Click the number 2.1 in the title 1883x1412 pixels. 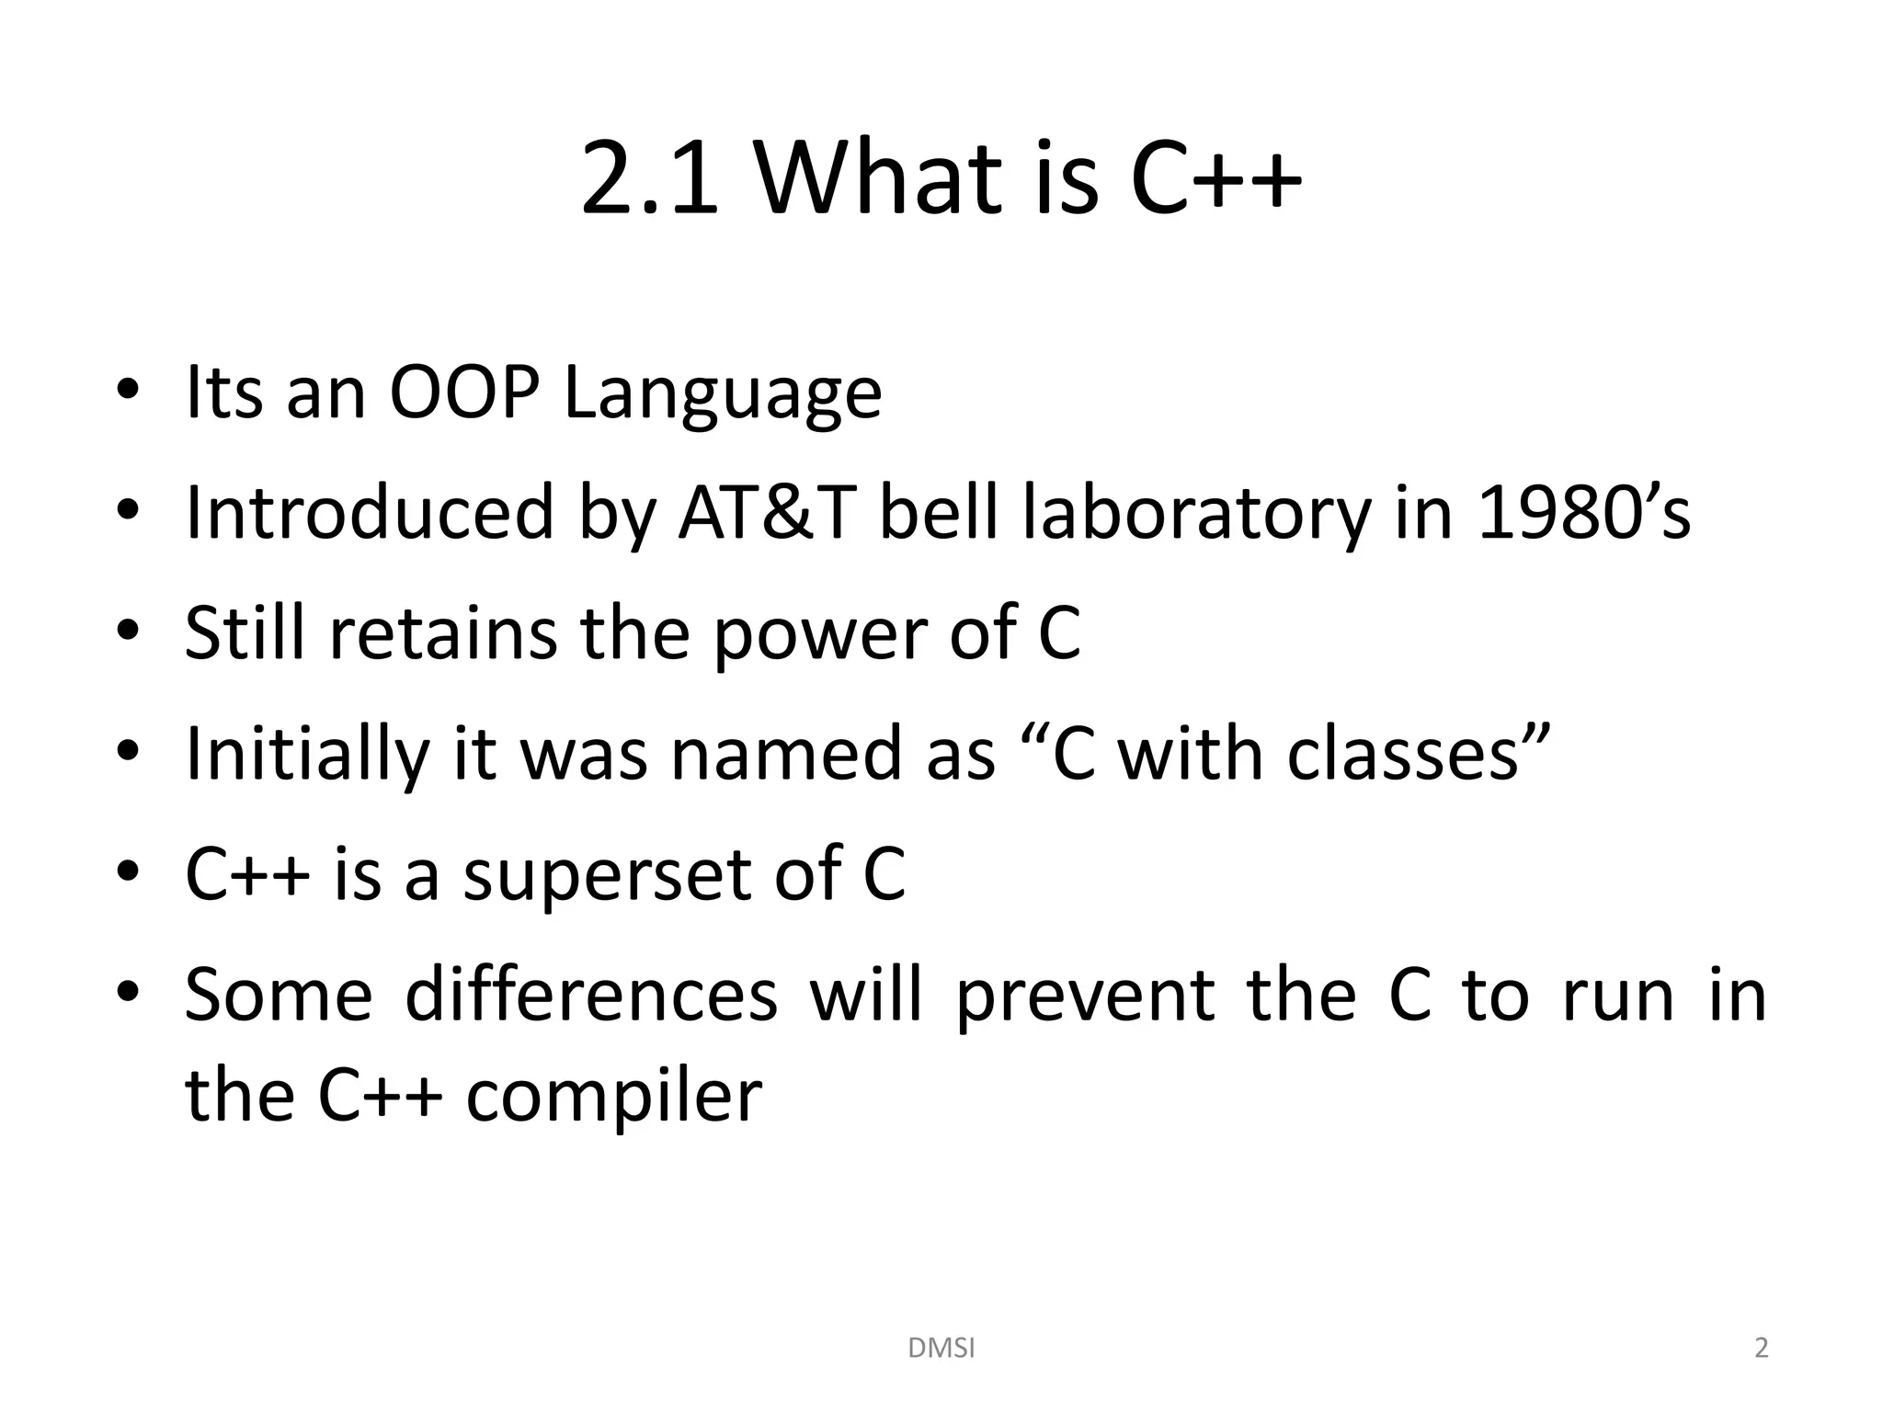(x=648, y=177)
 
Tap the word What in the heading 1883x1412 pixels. (x=876, y=177)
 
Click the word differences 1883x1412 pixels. (x=591, y=996)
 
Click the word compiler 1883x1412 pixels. (x=613, y=1097)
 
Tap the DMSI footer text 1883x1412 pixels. (x=941, y=1349)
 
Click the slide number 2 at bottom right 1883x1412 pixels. (x=1761, y=1349)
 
